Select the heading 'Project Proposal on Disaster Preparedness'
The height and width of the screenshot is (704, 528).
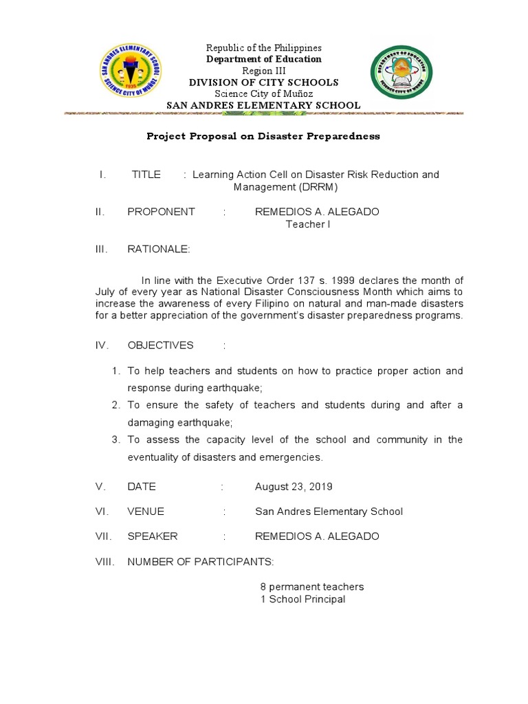click(263, 136)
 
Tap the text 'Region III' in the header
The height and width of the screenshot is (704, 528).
click(264, 71)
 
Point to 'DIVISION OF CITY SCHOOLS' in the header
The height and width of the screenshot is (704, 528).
click(264, 82)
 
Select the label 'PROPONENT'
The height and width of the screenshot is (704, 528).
click(161, 212)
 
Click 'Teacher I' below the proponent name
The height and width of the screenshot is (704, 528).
click(308, 224)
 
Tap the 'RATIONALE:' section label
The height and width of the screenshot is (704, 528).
click(157, 249)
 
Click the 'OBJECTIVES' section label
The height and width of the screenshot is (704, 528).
click(160, 345)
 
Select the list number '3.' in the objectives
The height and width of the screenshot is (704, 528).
click(116, 439)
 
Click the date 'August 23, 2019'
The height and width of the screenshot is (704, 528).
click(294, 487)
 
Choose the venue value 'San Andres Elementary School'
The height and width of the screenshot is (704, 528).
click(329, 511)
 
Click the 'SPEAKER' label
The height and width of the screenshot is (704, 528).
click(153, 536)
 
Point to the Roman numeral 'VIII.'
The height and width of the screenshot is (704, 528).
click(105, 562)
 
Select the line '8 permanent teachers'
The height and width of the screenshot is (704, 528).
click(311, 587)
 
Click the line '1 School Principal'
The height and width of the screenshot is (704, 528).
click(302, 599)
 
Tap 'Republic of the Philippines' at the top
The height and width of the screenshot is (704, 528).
click(264, 48)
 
